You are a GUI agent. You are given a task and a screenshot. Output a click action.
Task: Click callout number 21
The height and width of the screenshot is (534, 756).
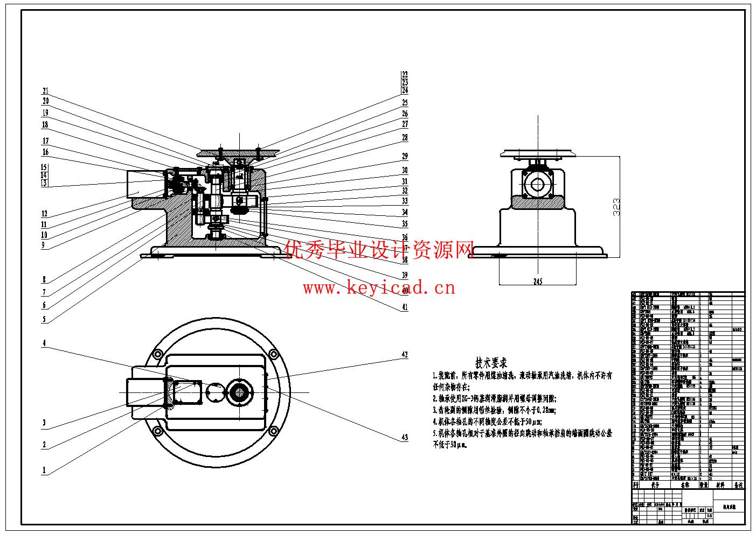coord(46,91)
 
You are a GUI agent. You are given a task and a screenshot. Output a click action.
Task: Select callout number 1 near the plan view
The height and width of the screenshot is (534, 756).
coord(45,470)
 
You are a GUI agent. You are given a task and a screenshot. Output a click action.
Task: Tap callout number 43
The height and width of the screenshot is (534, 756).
coord(405,438)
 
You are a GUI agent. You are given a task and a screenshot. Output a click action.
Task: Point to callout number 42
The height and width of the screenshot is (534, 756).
coord(405,355)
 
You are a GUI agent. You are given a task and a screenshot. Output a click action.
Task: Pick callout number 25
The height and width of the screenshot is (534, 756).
coord(405,103)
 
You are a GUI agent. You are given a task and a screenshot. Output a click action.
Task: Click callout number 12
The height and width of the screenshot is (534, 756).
coord(45,214)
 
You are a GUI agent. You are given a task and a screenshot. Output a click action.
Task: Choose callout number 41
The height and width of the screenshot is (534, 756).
coord(405,307)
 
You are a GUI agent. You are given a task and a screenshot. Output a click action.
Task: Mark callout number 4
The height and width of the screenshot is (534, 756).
coord(45,343)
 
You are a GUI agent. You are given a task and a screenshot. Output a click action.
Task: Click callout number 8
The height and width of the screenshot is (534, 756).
coord(45,280)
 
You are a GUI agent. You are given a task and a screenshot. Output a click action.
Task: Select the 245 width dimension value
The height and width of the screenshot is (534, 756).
coord(537,281)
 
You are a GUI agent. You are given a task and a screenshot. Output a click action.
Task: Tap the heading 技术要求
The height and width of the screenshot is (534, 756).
coord(491,363)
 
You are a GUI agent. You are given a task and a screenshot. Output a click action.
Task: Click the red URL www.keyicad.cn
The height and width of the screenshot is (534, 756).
coord(379,289)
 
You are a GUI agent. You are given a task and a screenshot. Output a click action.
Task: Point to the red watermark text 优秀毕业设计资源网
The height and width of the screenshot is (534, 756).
coord(379,249)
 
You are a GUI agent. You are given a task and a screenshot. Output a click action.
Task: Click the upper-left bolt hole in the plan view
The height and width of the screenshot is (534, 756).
coord(158,354)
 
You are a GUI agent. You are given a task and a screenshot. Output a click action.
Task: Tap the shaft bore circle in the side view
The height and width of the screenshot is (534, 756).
coord(537,184)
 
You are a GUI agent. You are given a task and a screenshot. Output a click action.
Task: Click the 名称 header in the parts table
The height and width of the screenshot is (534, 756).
coord(684,485)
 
